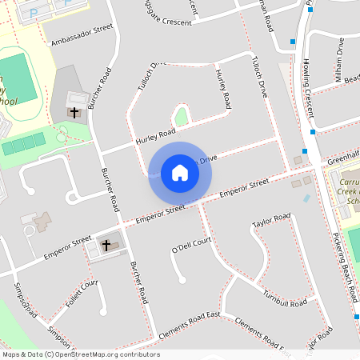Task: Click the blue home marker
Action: (x=179, y=172)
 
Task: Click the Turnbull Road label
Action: (x=285, y=300)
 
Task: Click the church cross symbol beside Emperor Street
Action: (x=106, y=244)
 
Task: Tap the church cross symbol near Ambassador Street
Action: (x=75, y=112)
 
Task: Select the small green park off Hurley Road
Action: (x=182, y=118)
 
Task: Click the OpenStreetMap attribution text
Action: (x=81, y=354)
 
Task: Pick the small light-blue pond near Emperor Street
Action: (x=306, y=198)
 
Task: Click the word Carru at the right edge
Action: (x=345, y=182)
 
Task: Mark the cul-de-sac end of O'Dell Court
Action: (x=182, y=279)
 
